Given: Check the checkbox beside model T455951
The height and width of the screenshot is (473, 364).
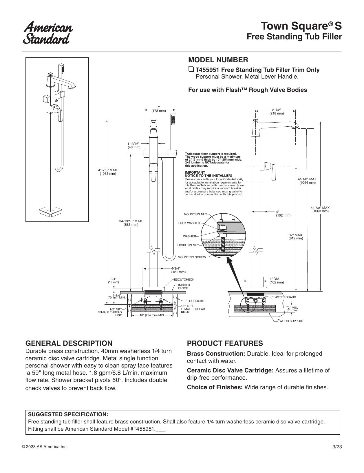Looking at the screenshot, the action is (191, 70).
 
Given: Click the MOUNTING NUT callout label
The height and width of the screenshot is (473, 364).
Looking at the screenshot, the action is (195, 214).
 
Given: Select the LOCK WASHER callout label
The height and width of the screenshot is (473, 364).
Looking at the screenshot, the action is (189, 223).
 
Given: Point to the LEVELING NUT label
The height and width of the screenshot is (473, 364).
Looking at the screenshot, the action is (188, 245).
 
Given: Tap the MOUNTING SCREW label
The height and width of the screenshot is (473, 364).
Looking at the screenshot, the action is (192, 257).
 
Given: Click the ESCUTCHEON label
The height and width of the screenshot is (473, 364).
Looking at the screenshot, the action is (184, 279).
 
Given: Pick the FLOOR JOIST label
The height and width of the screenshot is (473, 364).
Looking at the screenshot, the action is (195, 301).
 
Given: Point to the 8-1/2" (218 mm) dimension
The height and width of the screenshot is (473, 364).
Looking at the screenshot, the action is (277, 112).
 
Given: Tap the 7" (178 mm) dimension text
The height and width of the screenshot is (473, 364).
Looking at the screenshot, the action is (158, 109).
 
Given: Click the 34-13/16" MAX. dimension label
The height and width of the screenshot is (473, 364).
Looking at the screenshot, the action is (131, 221).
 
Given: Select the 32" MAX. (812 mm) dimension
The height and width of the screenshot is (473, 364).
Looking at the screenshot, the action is (296, 237).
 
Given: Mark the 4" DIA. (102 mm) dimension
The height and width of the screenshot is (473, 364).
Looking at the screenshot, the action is (277, 281).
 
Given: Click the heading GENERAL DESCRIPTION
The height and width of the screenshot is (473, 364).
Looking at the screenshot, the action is (69, 343).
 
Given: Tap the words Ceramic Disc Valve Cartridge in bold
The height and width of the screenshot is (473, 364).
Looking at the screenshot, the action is (230, 370).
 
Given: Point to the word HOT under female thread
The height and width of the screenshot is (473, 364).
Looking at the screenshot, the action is (118, 315).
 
